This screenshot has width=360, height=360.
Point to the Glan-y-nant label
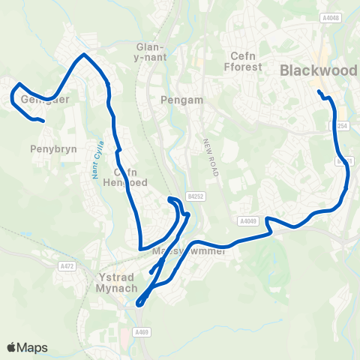[x=150, y=51]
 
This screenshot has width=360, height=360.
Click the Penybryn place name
[x=49, y=149]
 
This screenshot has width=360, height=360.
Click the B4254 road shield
[x=342, y=126]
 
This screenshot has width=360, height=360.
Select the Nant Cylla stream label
[x=98, y=157]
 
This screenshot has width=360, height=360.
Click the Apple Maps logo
[x=27, y=347]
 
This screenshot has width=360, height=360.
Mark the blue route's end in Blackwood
[x=319, y=91]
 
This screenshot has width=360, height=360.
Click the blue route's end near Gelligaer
[x=45, y=121]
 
